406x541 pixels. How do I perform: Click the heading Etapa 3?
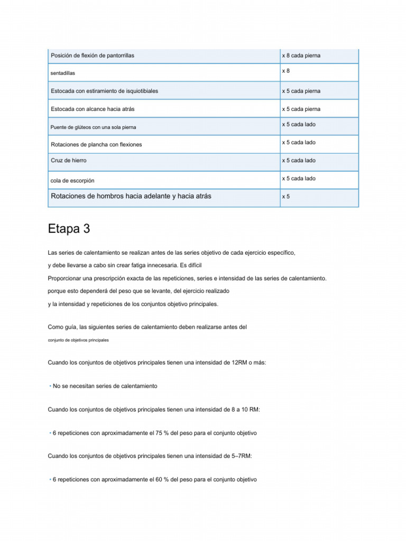(69, 229)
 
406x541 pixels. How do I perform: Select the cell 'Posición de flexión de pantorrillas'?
(93, 55)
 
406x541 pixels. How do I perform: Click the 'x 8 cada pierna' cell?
(301, 55)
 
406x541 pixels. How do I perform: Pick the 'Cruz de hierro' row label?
(69, 160)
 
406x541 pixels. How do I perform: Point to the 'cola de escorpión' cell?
(72, 180)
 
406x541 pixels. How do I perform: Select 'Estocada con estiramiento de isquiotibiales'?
(104, 91)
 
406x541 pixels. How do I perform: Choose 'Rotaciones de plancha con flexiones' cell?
(96, 144)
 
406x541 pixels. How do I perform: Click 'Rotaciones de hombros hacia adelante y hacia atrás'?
(131, 196)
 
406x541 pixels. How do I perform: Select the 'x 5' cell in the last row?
(285, 197)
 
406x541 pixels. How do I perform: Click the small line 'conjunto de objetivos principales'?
(78, 340)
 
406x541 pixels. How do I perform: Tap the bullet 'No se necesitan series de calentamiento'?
(105, 386)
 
